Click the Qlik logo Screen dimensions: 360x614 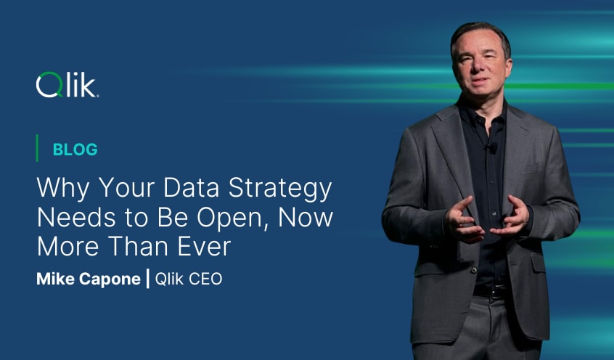click(x=67, y=86)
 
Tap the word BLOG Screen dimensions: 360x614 click(x=75, y=150)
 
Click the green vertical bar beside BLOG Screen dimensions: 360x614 click(x=37, y=149)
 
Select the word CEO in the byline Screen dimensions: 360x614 click(x=206, y=279)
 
